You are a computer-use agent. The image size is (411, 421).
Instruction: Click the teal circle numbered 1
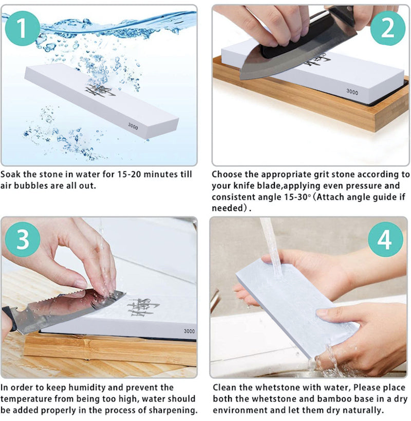pyautogui.click(x=22, y=28)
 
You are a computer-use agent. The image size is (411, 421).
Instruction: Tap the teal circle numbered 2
pyautogui.click(x=387, y=28)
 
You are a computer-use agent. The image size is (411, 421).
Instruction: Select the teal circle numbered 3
pyautogui.click(x=23, y=239)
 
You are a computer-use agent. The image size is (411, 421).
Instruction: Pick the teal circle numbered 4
pyautogui.click(x=385, y=239)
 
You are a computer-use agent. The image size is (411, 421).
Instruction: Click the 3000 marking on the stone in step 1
pyautogui.click(x=133, y=126)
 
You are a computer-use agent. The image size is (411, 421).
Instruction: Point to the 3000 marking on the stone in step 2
pyautogui.click(x=352, y=92)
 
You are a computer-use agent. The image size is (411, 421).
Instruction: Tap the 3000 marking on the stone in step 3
pyautogui.click(x=189, y=331)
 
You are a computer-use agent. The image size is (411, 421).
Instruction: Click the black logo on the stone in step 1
pyautogui.click(x=100, y=91)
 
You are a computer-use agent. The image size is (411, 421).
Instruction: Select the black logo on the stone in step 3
pyautogui.click(x=143, y=307)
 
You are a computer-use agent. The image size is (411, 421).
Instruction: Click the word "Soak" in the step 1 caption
pyautogui.click(x=10, y=174)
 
